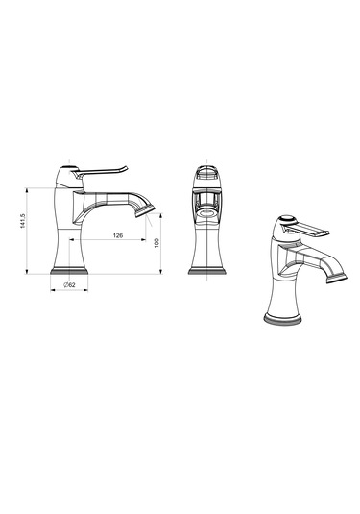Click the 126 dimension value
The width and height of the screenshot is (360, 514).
(x=118, y=235)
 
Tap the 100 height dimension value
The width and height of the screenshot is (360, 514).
(x=156, y=242)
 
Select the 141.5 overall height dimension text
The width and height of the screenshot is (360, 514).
(x=23, y=221)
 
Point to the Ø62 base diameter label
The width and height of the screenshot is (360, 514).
(x=69, y=285)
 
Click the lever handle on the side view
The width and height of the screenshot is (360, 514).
(x=102, y=171)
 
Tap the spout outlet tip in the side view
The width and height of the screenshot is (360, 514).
(x=145, y=210)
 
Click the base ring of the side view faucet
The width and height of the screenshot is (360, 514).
(x=69, y=271)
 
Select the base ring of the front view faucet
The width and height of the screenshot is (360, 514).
(x=207, y=271)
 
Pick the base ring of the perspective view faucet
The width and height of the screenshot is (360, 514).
(x=282, y=319)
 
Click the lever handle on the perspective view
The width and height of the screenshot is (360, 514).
(x=306, y=229)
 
